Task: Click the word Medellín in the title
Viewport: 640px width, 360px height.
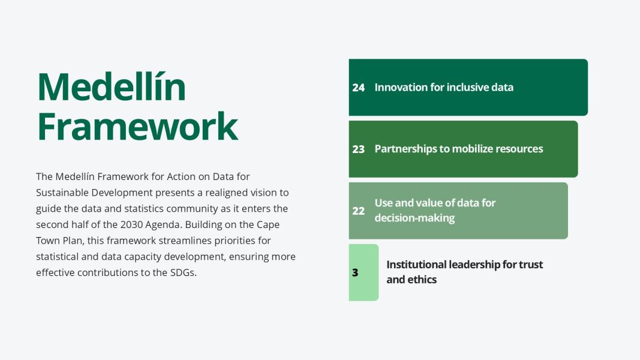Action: [x=112, y=86]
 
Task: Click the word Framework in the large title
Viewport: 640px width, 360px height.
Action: [x=137, y=126]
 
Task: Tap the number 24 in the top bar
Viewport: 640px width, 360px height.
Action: [x=358, y=88]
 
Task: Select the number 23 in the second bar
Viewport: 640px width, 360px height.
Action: [x=358, y=149]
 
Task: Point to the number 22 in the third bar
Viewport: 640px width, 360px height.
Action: [x=358, y=211]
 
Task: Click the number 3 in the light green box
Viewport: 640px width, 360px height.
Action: [x=355, y=272]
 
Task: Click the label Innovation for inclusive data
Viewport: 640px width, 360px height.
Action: [x=444, y=88]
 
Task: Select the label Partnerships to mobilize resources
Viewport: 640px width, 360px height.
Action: [x=459, y=149]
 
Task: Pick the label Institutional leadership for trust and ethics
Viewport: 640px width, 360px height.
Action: [x=464, y=272]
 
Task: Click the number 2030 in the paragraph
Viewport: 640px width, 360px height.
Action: [x=131, y=224]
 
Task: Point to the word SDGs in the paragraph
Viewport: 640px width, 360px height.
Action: [x=184, y=272]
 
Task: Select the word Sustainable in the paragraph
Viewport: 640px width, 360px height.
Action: [x=62, y=193]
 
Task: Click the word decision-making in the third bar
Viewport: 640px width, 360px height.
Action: [x=414, y=218]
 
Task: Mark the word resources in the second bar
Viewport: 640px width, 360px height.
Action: [x=519, y=149]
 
